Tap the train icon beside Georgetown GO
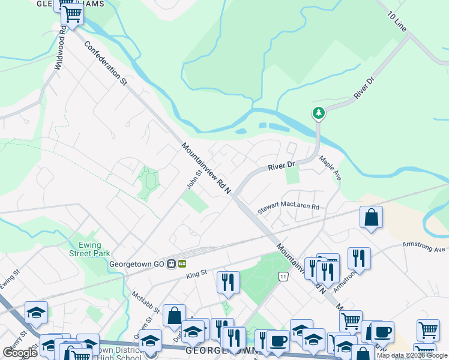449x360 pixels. pyautogui.click(x=172, y=263)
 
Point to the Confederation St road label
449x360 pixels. pyautogui.click(x=106, y=64)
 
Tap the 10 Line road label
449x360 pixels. pyautogui.click(x=397, y=22)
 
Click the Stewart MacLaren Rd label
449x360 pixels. pyautogui.click(x=289, y=208)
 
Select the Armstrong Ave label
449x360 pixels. pyautogui.click(x=424, y=248)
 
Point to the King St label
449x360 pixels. pyautogui.click(x=196, y=273)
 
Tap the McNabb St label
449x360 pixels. pyautogui.click(x=146, y=302)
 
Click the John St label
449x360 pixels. pyautogui.click(x=192, y=179)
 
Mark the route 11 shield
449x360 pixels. pyautogui.click(x=283, y=276)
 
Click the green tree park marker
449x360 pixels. pyautogui.click(x=318, y=112)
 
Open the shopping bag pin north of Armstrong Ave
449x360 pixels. pyautogui.click(x=372, y=217)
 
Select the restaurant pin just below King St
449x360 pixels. pyautogui.click(x=228, y=281)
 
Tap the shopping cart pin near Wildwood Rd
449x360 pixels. pyautogui.click(x=73, y=13)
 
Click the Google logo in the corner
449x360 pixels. pyautogui.click(x=20, y=353)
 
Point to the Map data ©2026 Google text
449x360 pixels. pyautogui.click(x=412, y=355)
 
